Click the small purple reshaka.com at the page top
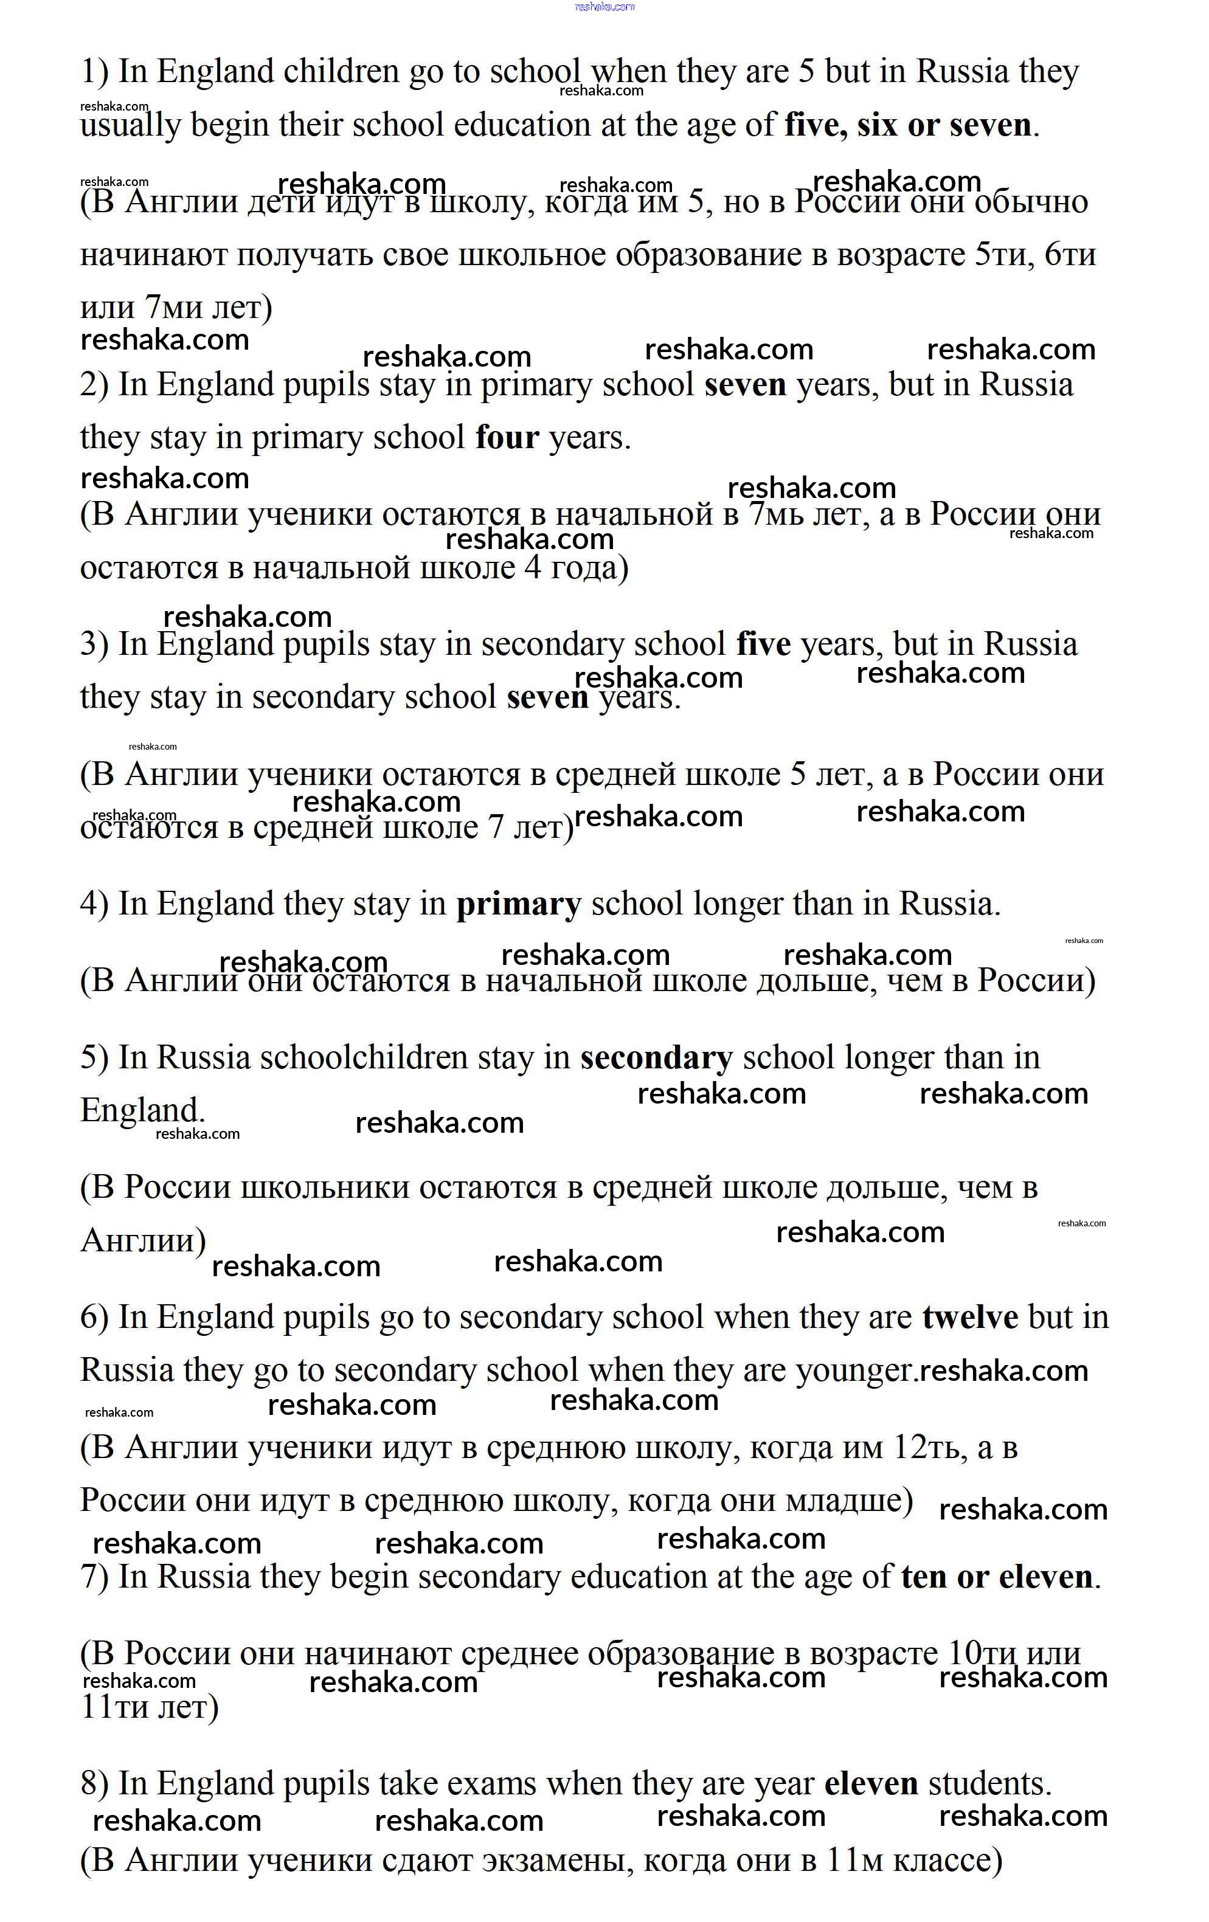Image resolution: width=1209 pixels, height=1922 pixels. pos(604,7)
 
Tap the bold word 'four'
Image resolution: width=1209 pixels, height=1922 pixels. pos(507,438)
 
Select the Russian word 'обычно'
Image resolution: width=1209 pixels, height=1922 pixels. pos(1042,202)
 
